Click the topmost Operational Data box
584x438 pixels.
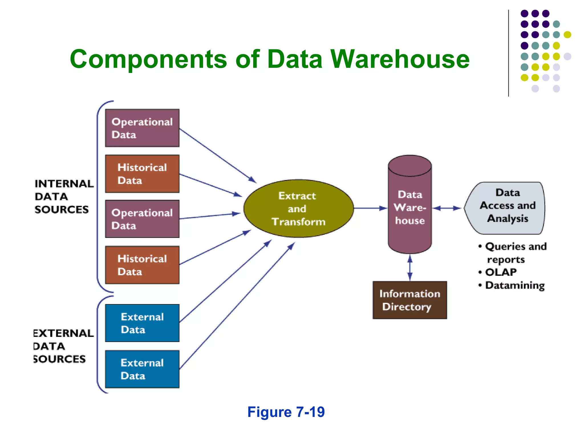coord(142,128)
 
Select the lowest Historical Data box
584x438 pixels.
coord(142,265)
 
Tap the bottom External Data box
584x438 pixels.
coord(142,369)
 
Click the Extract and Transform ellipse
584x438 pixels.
coord(298,208)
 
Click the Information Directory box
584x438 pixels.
coord(409,300)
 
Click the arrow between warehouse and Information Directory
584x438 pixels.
coord(410,267)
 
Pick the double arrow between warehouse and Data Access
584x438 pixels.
coord(447,208)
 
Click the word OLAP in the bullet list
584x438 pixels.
coord(501,272)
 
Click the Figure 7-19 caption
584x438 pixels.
coord(286,412)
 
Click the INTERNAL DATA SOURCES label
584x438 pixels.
coord(63,196)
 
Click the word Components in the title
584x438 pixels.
coord(148,59)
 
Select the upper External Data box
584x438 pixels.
coord(142,323)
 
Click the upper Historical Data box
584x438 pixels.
coord(142,174)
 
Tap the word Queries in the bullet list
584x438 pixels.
coord(502,246)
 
